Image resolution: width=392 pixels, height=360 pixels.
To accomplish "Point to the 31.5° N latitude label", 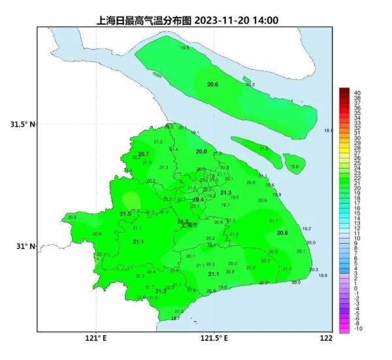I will pos(22,124).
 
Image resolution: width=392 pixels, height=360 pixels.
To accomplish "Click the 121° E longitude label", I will pos(95,338).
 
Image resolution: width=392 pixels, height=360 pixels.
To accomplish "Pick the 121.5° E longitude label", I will pos(214,338).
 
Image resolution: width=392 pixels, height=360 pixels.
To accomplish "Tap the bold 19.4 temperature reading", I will pos(199,199).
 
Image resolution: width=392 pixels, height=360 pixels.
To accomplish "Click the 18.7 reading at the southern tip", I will pos(175,318).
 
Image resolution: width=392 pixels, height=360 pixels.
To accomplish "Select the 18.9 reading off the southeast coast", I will pos(322,276).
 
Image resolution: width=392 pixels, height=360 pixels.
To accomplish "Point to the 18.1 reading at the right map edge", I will pos(328,131).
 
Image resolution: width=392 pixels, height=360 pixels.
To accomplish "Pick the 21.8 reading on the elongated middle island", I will pos(263,149).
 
